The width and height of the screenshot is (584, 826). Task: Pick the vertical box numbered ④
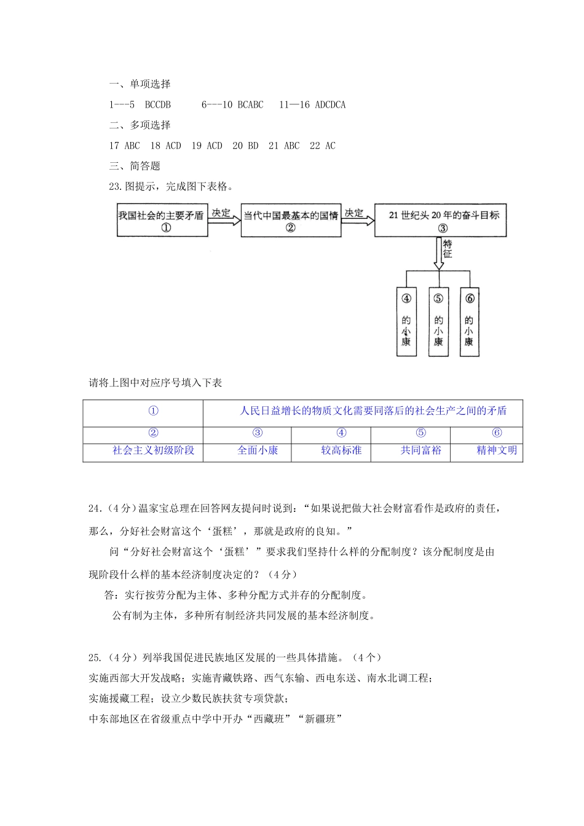[x=406, y=321]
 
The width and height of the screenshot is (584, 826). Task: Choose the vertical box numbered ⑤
[x=438, y=321]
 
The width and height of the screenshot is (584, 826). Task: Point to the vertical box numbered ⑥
[x=469, y=321]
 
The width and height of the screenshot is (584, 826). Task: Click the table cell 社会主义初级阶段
[x=153, y=450]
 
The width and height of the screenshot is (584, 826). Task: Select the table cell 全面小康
[x=258, y=450]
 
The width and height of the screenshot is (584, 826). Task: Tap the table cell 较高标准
[x=341, y=450]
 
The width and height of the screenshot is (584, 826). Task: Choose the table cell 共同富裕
[x=421, y=450]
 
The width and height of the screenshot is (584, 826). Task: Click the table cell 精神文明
[x=497, y=450]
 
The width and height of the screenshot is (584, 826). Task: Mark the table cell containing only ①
[x=153, y=411]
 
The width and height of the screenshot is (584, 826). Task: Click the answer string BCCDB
[x=158, y=105]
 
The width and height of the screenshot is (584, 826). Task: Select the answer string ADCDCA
[x=330, y=105]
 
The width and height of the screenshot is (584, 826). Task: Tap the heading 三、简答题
[x=135, y=166]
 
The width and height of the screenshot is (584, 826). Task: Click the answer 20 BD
[x=245, y=146]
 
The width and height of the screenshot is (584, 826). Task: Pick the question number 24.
[x=95, y=508]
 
